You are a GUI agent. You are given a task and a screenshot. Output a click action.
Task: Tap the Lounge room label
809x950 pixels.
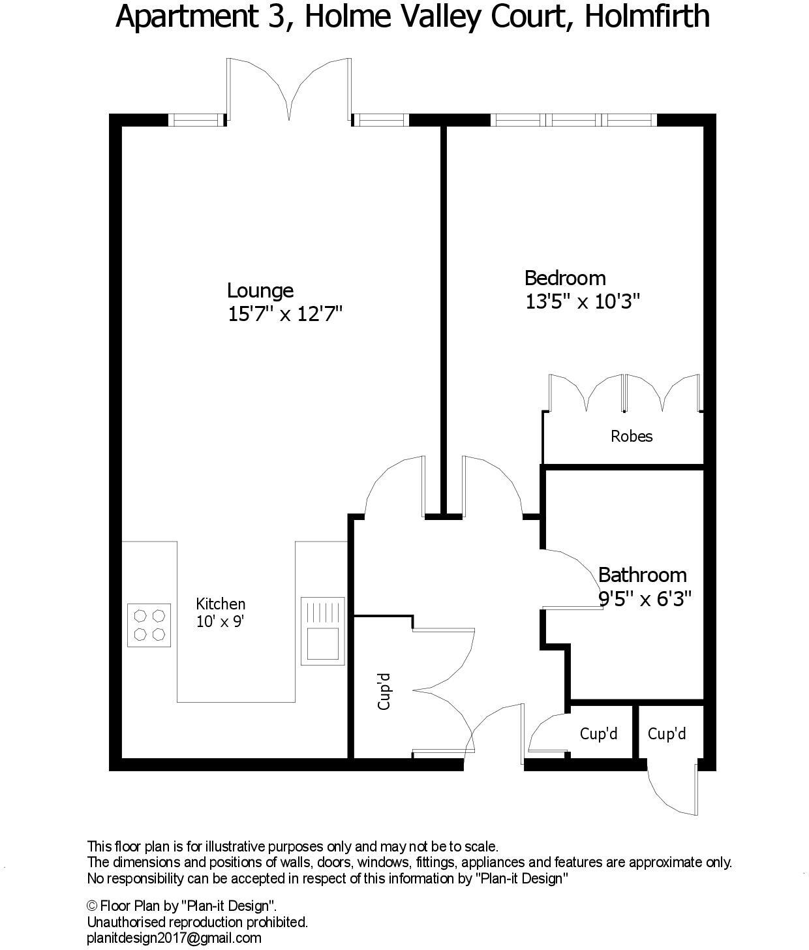(260, 290)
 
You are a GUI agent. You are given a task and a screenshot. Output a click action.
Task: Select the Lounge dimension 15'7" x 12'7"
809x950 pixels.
(284, 314)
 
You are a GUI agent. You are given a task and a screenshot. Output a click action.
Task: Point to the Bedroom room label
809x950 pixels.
(565, 278)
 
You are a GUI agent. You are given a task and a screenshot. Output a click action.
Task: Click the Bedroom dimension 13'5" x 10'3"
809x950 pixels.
(583, 301)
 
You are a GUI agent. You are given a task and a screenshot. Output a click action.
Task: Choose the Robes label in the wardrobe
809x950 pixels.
(631, 436)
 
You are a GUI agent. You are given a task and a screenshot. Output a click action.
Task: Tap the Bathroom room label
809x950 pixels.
(642, 575)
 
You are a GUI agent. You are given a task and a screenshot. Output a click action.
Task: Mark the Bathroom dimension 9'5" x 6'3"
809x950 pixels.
(645, 598)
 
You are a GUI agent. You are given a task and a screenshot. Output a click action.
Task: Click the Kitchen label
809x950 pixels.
(221, 604)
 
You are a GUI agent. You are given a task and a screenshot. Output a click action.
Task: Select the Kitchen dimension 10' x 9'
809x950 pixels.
(220, 621)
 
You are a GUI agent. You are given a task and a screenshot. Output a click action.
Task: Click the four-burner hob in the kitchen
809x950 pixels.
(149, 624)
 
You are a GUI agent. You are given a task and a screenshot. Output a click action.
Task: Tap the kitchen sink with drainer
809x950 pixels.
(322, 630)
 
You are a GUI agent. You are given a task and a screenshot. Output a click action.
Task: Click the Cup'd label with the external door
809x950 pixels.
(666, 734)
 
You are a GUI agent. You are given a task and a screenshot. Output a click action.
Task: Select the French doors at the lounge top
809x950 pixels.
(288, 91)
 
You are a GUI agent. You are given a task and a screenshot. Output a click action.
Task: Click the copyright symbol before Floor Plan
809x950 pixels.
(93, 906)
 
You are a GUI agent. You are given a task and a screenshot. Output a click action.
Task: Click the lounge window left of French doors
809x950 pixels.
(196, 119)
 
